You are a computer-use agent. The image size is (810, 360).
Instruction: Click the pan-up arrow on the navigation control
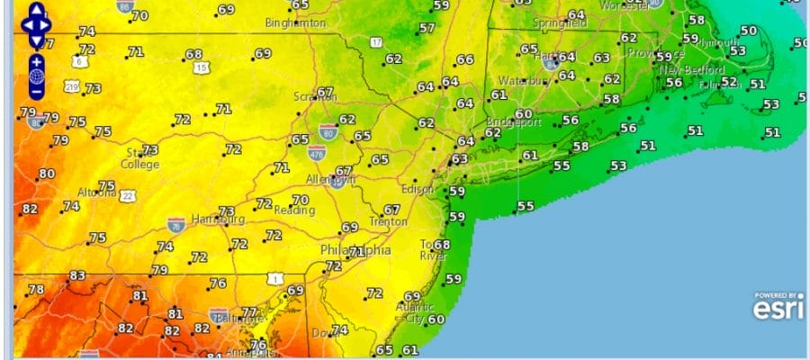[36, 13]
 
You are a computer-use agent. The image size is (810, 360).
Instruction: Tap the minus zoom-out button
[36, 91]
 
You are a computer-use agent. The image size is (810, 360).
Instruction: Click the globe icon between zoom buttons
[36, 76]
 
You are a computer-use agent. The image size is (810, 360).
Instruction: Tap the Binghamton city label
[296, 22]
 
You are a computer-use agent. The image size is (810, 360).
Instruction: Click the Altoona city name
[95, 193]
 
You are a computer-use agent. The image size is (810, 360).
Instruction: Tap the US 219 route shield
[72, 86]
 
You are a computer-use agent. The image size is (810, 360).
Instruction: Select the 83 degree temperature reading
[77, 275]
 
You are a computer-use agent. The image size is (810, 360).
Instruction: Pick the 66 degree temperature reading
[464, 60]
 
